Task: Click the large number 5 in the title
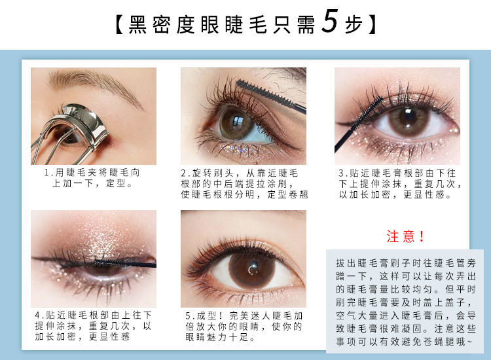point(330,21)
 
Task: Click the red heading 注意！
point(405,236)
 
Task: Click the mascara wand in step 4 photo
point(124,263)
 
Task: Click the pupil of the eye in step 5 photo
point(252,268)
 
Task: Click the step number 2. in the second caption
point(186,173)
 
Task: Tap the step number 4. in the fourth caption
point(40,315)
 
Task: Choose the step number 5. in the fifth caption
point(190,315)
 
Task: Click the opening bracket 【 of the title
point(120,25)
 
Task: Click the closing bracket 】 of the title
point(371,25)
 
